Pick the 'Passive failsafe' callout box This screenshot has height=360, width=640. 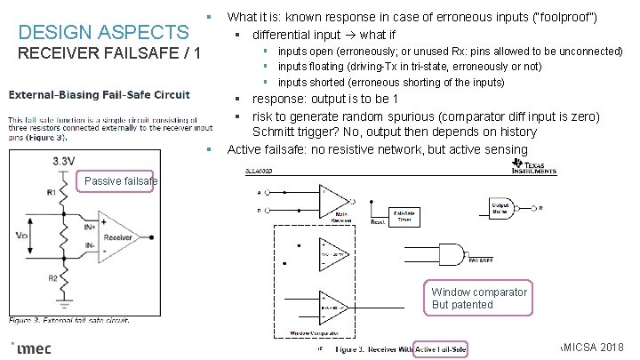pos(119,181)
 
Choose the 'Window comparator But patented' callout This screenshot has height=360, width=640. pos(479,298)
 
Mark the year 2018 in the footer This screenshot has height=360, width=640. pos(612,345)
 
